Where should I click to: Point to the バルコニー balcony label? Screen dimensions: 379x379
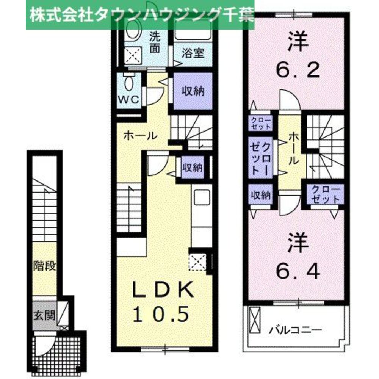click(296, 329)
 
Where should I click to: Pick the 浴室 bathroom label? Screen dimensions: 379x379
click(193, 53)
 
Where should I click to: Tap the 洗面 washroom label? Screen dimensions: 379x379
click(154, 42)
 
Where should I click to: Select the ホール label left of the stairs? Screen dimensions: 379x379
click(140, 135)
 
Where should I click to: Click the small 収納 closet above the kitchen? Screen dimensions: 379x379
click(192, 167)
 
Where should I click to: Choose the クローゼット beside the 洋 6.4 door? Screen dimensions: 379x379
click(326, 194)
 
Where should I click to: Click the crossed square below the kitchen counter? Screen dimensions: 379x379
click(197, 262)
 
